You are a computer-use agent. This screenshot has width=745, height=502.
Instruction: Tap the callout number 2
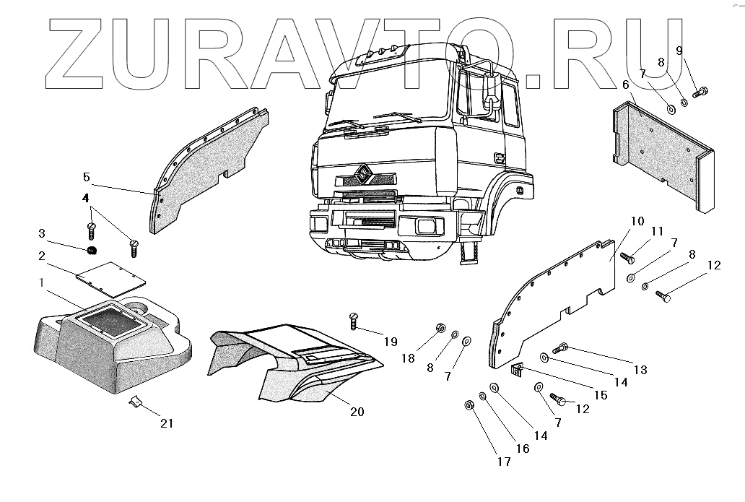pyautogui.click(x=42, y=256)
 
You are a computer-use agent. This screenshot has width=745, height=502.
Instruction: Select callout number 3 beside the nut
pyautogui.click(x=42, y=233)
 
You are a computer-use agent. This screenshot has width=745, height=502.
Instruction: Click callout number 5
pyautogui.click(x=86, y=176)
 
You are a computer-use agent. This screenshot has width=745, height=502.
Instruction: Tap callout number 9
pyautogui.click(x=679, y=50)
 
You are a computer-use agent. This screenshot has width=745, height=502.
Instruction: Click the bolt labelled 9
pyautogui.click(x=700, y=92)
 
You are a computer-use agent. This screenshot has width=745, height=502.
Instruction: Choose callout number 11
pyautogui.click(x=656, y=231)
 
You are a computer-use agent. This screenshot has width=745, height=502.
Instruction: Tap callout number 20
pyautogui.click(x=357, y=412)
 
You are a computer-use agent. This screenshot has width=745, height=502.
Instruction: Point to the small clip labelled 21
pyautogui.click(x=135, y=401)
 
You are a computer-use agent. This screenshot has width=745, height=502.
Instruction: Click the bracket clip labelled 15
pyautogui.click(x=516, y=371)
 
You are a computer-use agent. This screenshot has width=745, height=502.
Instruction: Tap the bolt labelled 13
pyautogui.click(x=561, y=349)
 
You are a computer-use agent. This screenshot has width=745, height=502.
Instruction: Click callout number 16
pyautogui.click(x=522, y=449)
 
